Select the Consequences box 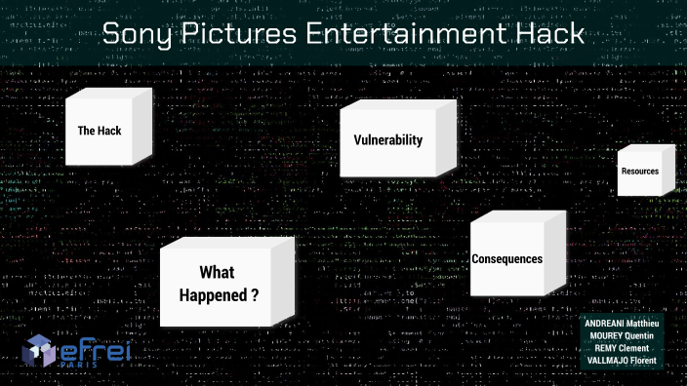point(507,258)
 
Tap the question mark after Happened point(255,293)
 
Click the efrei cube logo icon point(40,350)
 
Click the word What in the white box point(218,273)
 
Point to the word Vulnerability point(388,139)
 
